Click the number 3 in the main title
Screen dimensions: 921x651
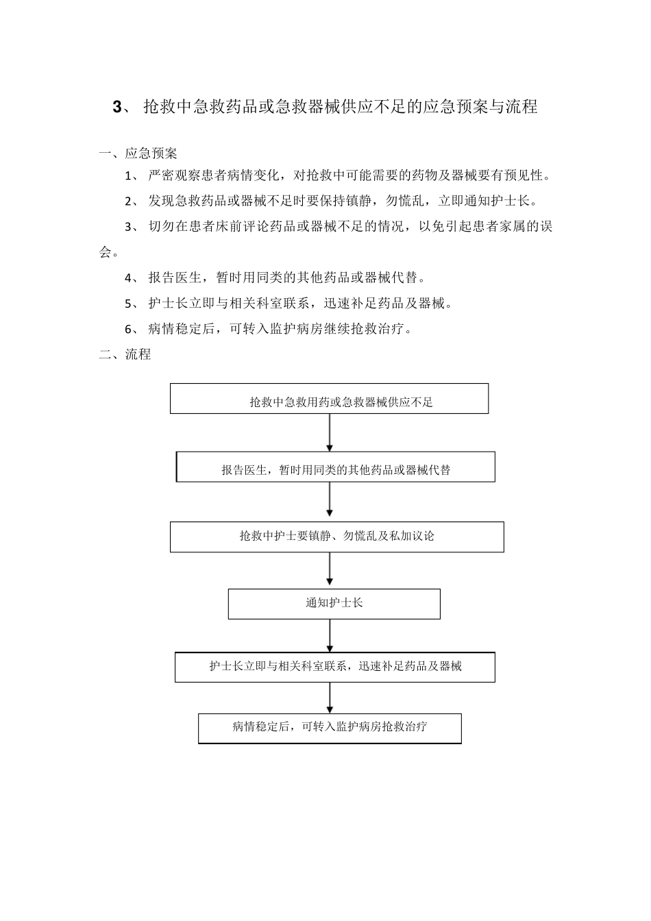click(116, 107)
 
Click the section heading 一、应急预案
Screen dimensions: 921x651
click(138, 153)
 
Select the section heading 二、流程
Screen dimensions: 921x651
click(125, 354)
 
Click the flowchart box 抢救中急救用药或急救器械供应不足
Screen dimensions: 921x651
click(329, 399)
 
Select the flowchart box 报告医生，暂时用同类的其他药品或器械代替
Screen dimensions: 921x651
click(336, 467)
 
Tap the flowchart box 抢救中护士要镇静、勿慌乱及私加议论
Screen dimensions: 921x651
click(336, 537)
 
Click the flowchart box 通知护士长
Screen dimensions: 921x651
click(334, 604)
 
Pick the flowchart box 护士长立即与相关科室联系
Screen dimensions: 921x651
click(334, 667)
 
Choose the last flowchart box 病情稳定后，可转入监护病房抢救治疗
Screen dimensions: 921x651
click(330, 728)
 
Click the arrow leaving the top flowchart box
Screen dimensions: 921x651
click(330, 432)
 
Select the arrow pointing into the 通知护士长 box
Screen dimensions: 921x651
click(330, 570)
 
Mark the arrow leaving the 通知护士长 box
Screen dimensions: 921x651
click(330, 635)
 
